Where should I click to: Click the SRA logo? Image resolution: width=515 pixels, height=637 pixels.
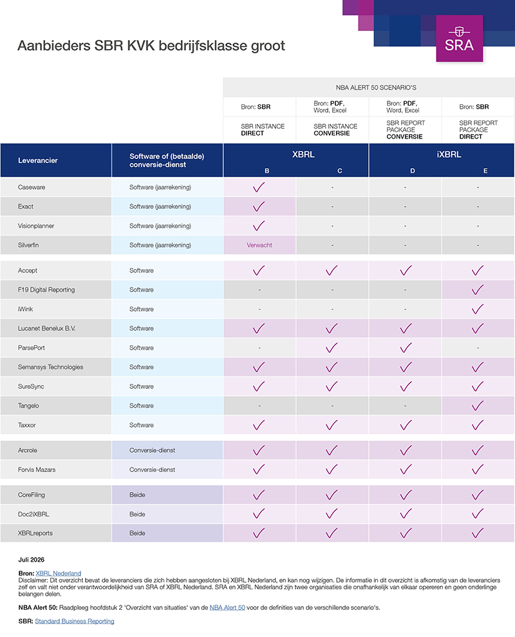[x=460, y=39]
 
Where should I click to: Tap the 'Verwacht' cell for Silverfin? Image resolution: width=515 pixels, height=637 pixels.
[x=259, y=245]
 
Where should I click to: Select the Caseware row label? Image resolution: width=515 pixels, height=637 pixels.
[x=32, y=187]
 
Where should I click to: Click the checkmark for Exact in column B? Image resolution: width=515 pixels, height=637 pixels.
[x=259, y=206]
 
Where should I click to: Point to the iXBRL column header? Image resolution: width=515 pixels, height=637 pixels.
[x=449, y=155]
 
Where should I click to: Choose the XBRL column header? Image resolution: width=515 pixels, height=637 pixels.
[x=303, y=155]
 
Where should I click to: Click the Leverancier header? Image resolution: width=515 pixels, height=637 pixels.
[x=38, y=160]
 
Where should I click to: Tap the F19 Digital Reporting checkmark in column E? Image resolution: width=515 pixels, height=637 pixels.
[x=478, y=290]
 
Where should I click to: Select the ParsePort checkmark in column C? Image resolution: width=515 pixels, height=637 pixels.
[x=332, y=348]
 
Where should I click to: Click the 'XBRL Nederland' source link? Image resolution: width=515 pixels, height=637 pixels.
[x=58, y=573]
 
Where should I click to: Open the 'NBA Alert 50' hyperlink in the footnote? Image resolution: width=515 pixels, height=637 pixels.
[x=227, y=607]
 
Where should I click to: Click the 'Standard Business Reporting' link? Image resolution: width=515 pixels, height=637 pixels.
[x=74, y=621]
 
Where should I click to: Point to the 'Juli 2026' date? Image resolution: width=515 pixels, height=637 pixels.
[x=32, y=560]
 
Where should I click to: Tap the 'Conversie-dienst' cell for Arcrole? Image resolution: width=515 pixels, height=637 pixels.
[x=153, y=450]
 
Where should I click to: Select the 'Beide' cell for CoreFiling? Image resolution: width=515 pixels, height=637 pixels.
[x=137, y=495]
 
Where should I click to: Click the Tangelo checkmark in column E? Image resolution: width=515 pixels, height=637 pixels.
[x=478, y=405]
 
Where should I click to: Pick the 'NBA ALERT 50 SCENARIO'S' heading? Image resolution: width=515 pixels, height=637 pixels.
[x=376, y=88]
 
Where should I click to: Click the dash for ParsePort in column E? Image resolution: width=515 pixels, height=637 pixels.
[x=478, y=348]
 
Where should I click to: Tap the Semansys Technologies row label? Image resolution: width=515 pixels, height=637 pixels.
[x=50, y=367]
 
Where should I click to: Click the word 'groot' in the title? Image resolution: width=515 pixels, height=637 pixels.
[x=268, y=46]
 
